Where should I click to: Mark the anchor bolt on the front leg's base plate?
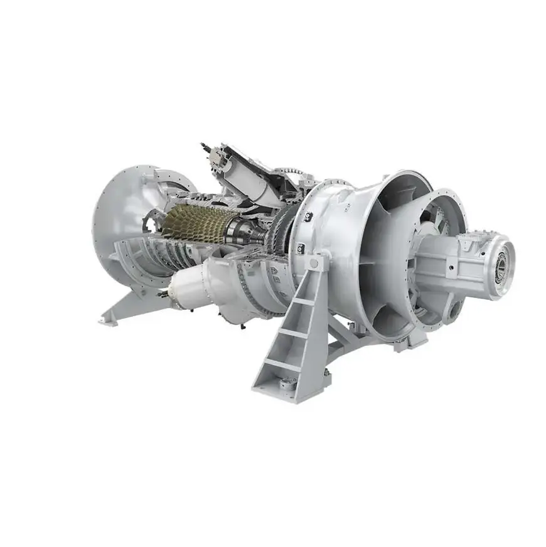[286, 384]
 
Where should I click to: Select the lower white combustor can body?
[188, 285]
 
